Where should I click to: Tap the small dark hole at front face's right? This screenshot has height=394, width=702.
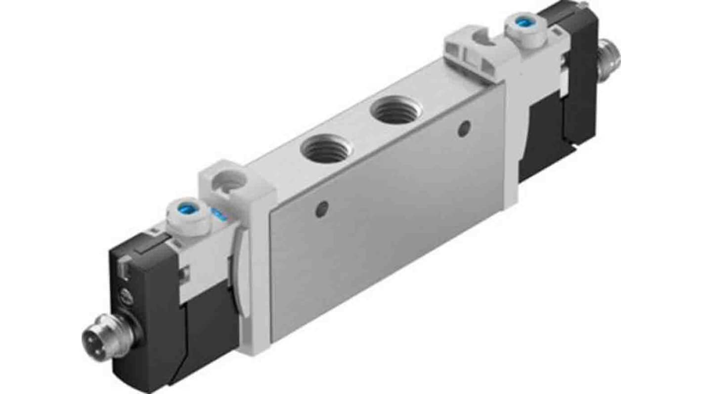point(463,130)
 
